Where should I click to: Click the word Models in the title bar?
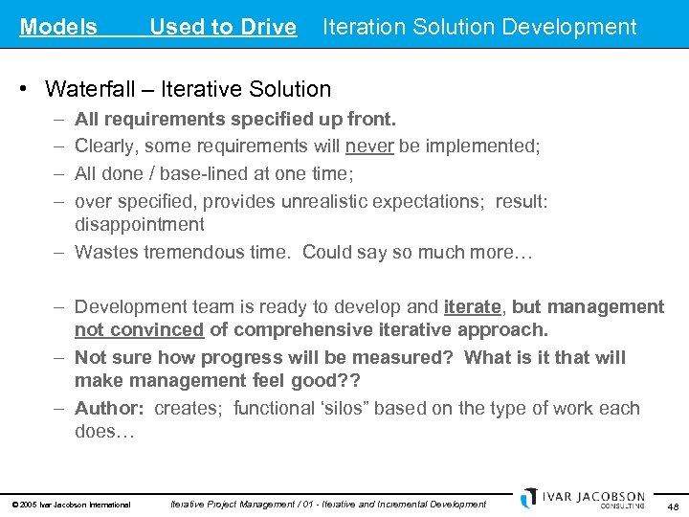click(x=58, y=28)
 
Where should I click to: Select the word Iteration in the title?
click(x=366, y=28)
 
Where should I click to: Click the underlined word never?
click(x=368, y=146)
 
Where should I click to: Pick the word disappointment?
click(x=140, y=225)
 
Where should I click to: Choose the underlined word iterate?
click(x=473, y=307)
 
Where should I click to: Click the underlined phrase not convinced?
click(x=140, y=330)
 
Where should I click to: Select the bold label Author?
click(x=109, y=409)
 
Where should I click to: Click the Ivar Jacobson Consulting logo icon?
click(x=529, y=497)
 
